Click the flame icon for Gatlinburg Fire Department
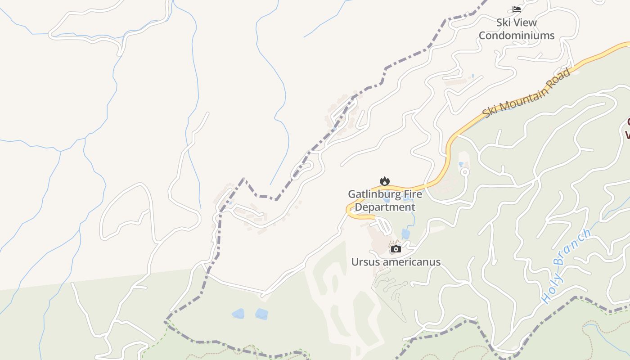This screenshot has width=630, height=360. [x=384, y=181]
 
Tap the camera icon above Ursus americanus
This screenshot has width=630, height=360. [x=396, y=249]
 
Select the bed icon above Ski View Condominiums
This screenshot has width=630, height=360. [x=516, y=9]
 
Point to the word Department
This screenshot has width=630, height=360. [x=385, y=207]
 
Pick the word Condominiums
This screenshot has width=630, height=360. [x=516, y=35]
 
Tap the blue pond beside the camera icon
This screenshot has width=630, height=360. [x=406, y=234]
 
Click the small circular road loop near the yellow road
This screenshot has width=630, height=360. [x=465, y=172]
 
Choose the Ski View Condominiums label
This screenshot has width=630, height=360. [x=516, y=29]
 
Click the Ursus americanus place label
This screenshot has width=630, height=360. [x=396, y=262]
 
